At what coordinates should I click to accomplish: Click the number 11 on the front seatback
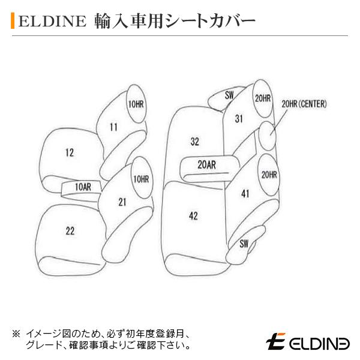pyautogui.click(x=113, y=127)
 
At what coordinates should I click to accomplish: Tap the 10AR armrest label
pyautogui.click(x=83, y=187)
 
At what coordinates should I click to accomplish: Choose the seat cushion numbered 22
pyautogui.click(x=70, y=230)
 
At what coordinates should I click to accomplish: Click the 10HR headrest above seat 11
pyautogui.click(x=136, y=104)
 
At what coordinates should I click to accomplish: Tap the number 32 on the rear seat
pyautogui.click(x=194, y=142)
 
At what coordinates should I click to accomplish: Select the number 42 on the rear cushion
pyautogui.click(x=193, y=216)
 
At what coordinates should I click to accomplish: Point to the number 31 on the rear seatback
pyautogui.click(x=238, y=118)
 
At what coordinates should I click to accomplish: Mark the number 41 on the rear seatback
pyautogui.click(x=245, y=193)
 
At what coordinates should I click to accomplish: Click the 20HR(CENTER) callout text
pyautogui.click(x=304, y=104)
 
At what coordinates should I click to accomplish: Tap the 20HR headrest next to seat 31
pyautogui.click(x=262, y=98)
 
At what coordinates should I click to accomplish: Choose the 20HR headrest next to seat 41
pyautogui.click(x=269, y=175)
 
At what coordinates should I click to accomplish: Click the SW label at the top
pyautogui.click(x=229, y=95)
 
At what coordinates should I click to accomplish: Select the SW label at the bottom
pyautogui.click(x=244, y=243)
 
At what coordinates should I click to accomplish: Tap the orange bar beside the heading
pyautogui.click(x=13, y=22)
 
